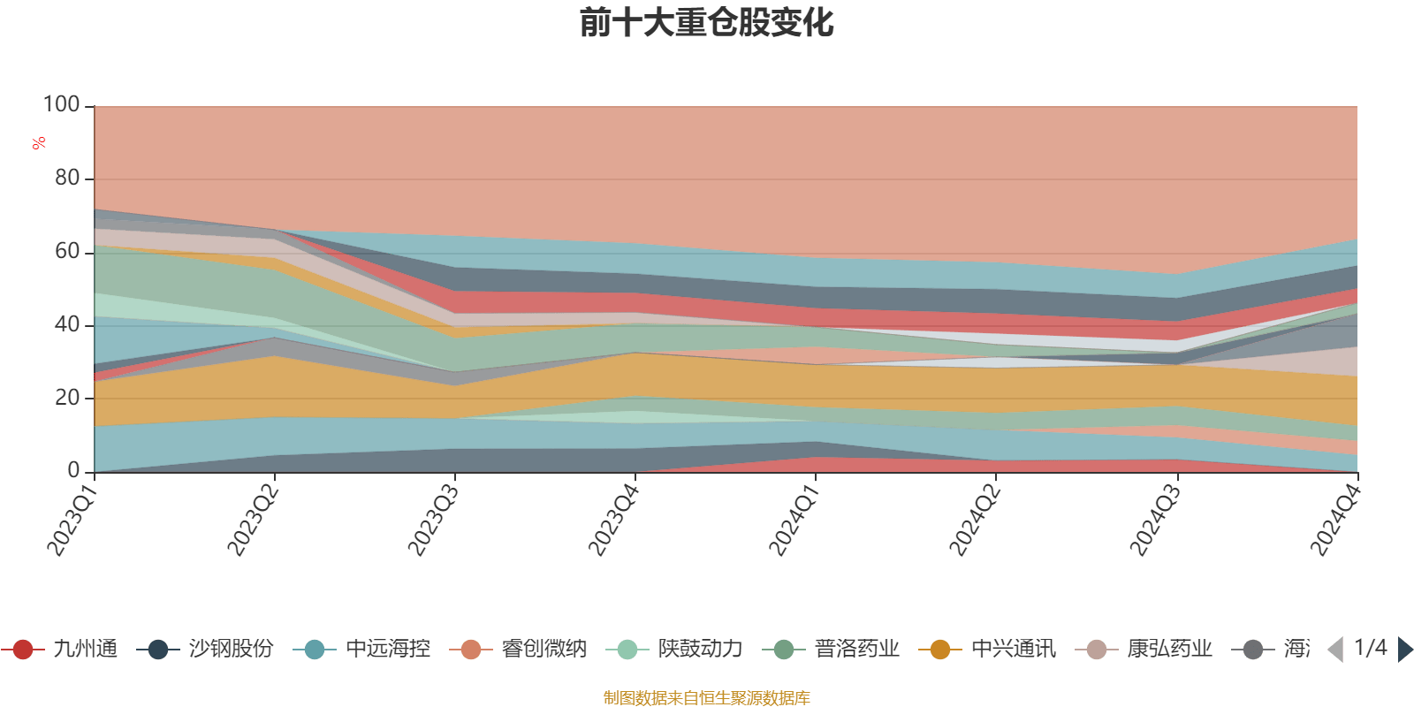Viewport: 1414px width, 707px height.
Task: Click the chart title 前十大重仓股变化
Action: click(x=707, y=24)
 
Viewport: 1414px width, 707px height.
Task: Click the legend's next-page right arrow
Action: click(x=1404, y=650)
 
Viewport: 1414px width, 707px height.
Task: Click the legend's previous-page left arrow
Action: click(x=1335, y=650)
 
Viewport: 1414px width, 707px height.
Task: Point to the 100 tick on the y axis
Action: click(x=62, y=105)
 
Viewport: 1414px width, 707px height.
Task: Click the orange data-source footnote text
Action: click(x=707, y=698)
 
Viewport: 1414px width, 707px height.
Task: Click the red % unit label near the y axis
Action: click(x=38, y=143)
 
